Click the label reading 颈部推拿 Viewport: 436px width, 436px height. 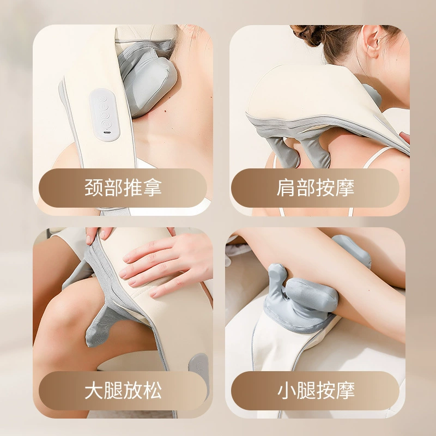(x=123, y=187)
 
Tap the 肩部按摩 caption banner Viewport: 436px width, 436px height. (x=315, y=187)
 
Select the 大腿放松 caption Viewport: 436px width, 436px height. (x=123, y=390)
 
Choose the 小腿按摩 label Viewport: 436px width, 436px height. (x=316, y=390)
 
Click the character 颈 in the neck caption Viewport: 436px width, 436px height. (x=94, y=187)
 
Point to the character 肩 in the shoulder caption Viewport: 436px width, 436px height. (x=286, y=187)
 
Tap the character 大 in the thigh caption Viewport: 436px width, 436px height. (x=94, y=390)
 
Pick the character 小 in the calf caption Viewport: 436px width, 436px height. (x=287, y=390)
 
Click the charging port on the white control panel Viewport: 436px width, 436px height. (x=106, y=132)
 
